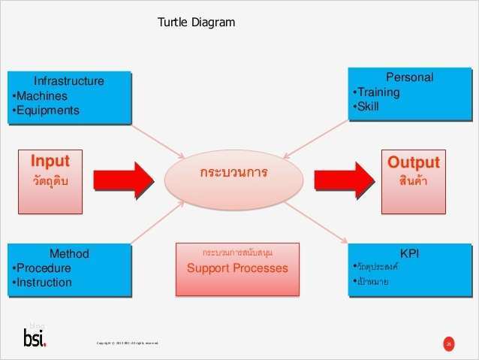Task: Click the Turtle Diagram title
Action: click(x=196, y=23)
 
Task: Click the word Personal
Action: click(x=409, y=77)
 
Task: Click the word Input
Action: click(x=50, y=161)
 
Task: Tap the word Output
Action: click(x=413, y=162)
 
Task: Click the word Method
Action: click(x=69, y=254)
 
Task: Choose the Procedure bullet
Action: click(x=42, y=268)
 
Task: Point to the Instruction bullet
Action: click(x=43, y=283)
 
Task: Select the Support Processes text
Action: click(x=237, y=268)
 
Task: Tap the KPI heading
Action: click(x=410, y=254)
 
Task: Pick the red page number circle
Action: click(x=449, y=344)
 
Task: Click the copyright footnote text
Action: click(x=127, y=344)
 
